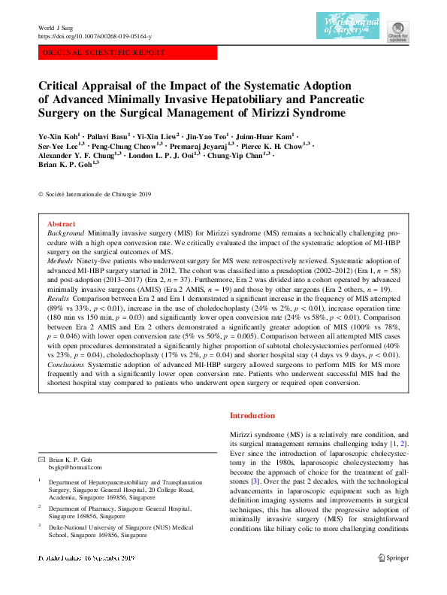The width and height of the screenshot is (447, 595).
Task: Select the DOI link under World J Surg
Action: (95, 36)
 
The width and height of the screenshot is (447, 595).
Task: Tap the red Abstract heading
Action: (61, 224)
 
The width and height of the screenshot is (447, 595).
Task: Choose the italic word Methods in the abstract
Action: (61, 266)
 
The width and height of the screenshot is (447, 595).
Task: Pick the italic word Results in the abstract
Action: (59, 298)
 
